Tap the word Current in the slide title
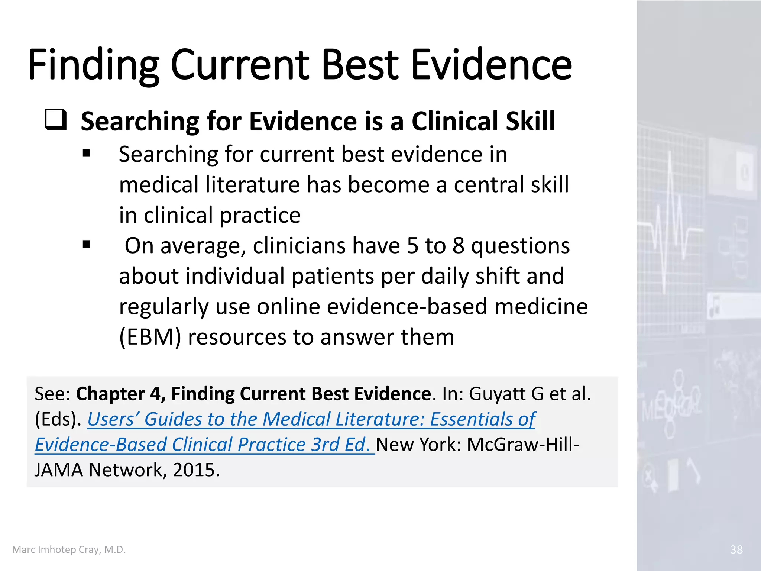click(240, 65)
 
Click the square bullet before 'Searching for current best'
click(87, 153)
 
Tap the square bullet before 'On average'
click(87, 244)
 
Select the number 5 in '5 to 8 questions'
click(412, 246)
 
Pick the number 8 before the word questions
click(459, 246)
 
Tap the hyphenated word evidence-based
click(372, 307)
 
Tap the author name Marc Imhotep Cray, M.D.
click(69, 549)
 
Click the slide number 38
click(736, 549)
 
